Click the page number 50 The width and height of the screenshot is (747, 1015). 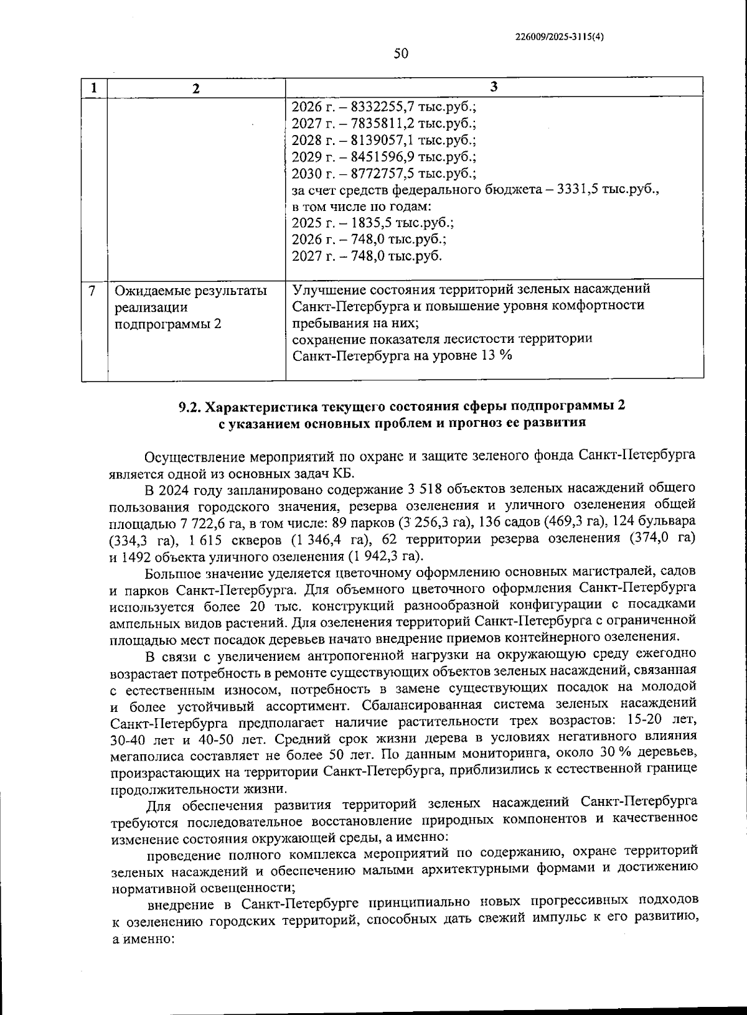click(401, 54)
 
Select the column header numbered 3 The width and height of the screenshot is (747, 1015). click(494, 87)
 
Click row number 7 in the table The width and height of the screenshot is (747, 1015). click(93, 291)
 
